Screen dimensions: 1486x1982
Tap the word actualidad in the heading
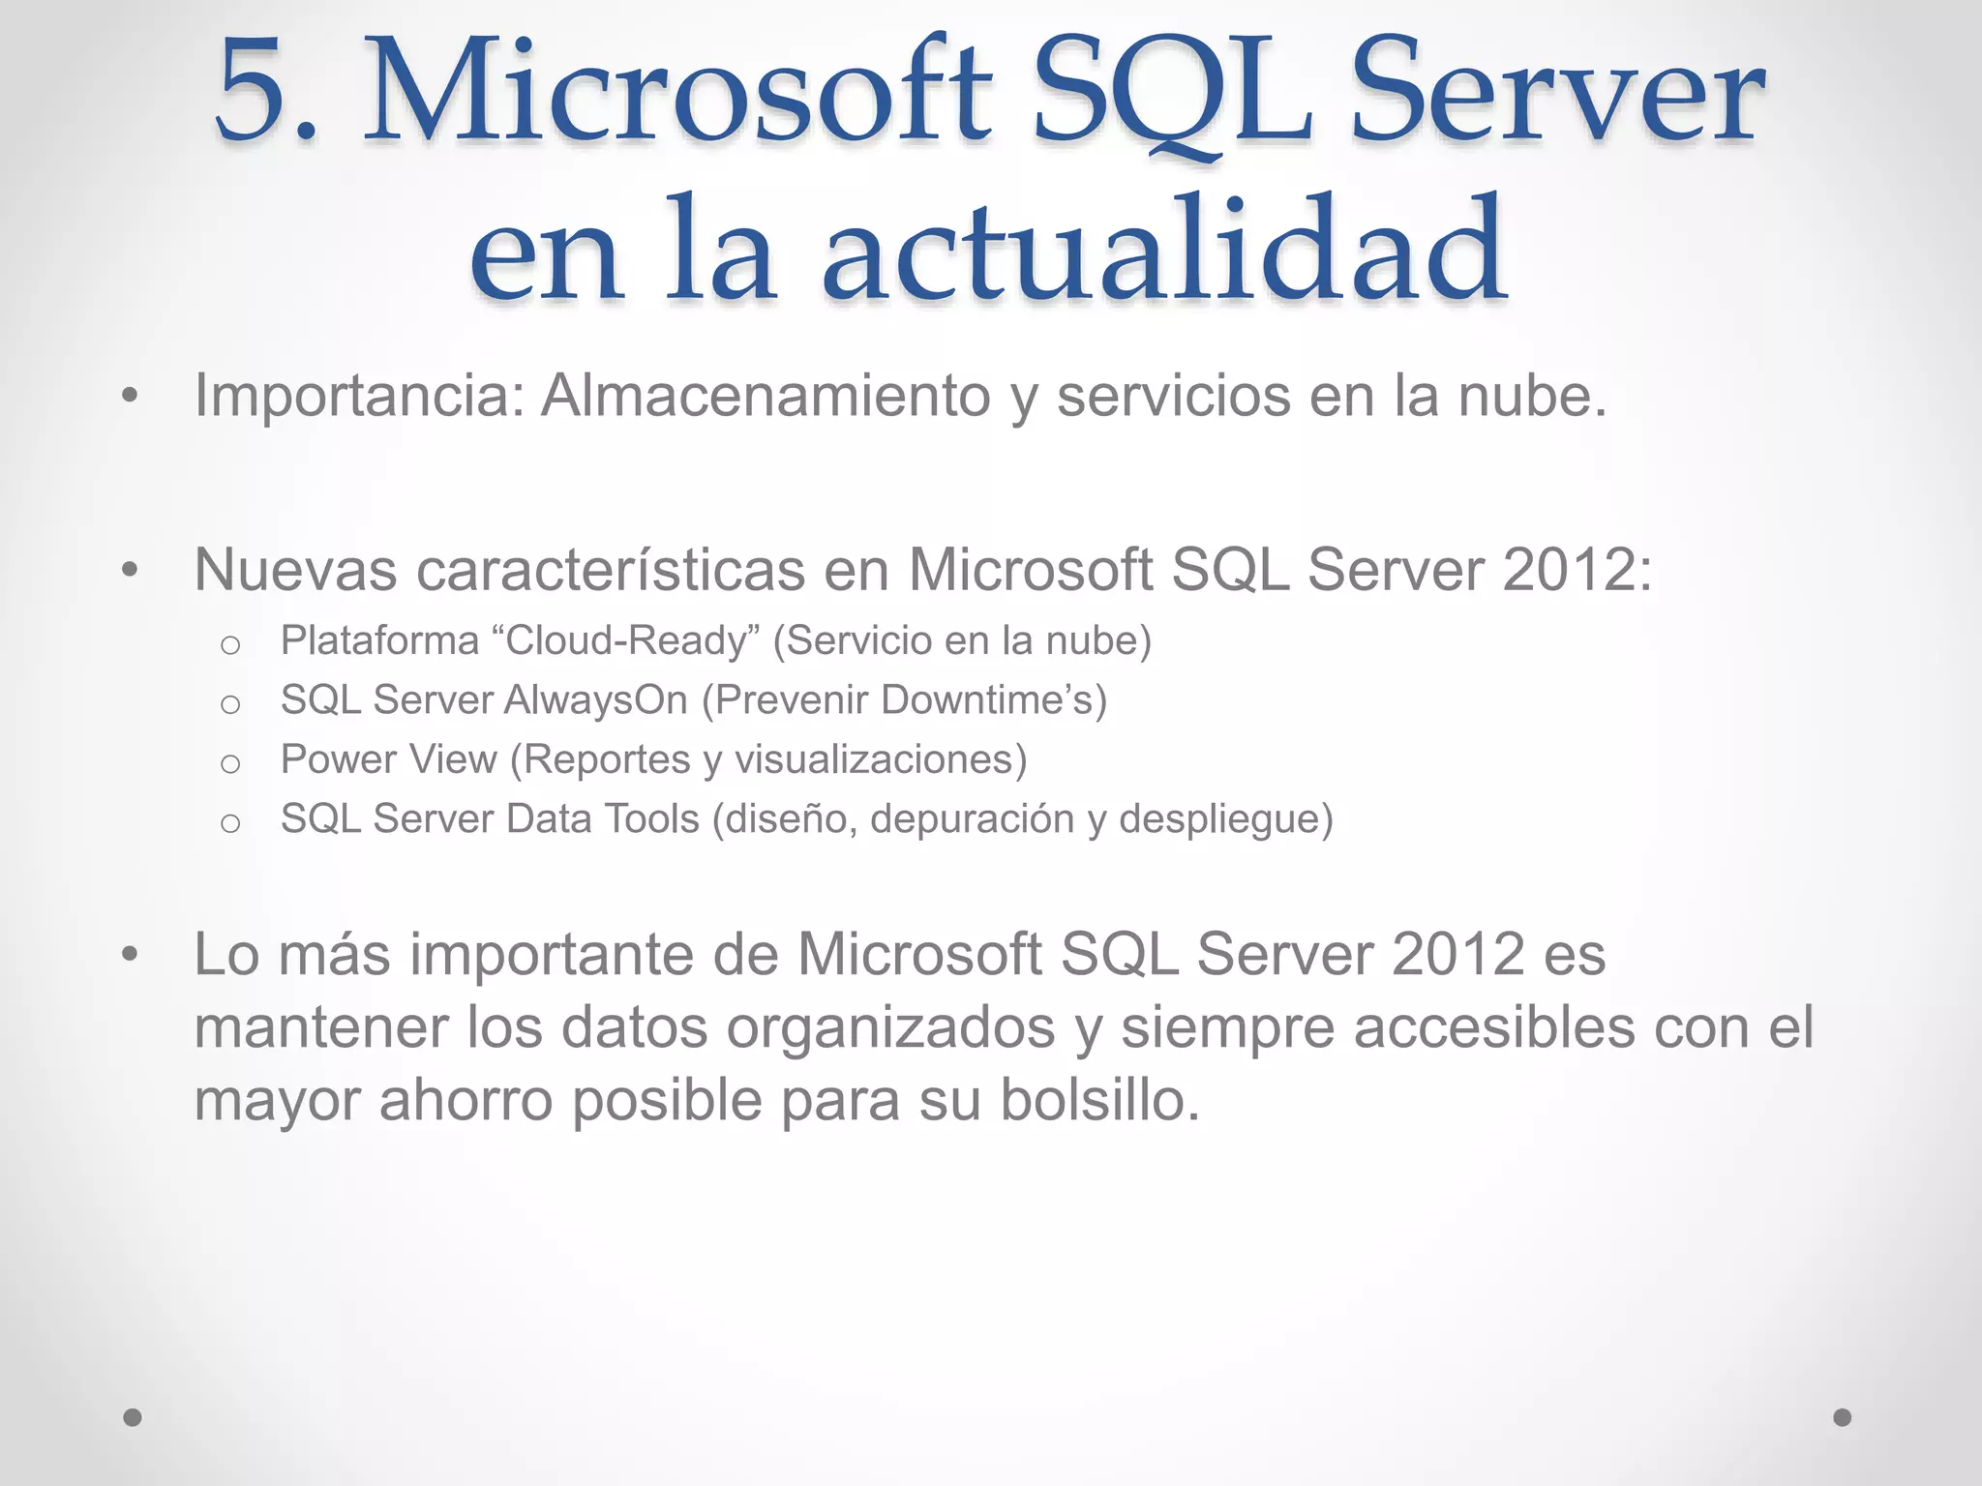click(1163, 250)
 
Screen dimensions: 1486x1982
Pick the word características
click(610, 570)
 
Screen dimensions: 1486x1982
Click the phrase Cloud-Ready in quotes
click(627, 640)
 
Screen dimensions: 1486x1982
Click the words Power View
click(388, 759)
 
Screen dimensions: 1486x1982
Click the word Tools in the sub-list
click(651, 819)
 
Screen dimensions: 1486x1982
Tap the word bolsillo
click(1098, 1101)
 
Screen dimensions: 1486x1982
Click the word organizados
click(890, 1027)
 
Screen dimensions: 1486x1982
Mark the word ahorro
click(465, 1101)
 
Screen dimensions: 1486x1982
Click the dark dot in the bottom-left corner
click(133, 1417)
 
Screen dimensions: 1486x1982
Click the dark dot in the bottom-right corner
click(1843, 1417)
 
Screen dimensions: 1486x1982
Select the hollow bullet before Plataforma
click(230, 644)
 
